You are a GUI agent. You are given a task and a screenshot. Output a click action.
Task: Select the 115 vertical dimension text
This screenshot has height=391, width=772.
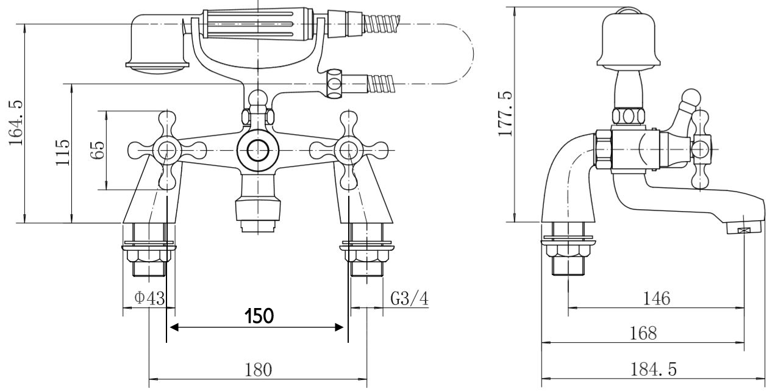point(63,153)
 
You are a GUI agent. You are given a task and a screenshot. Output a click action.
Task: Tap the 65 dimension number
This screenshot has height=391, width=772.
point(98,150)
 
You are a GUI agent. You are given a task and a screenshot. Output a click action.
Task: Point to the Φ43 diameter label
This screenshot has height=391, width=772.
point(149,299)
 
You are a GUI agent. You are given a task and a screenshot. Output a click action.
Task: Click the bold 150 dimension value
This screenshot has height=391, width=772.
point(259,316)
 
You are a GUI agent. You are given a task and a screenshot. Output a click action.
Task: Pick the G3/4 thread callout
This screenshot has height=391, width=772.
point(409,299)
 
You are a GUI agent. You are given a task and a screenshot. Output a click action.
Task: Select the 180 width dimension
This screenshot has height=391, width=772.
point(258,370)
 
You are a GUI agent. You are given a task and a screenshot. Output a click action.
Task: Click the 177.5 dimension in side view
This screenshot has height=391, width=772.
point(506,114)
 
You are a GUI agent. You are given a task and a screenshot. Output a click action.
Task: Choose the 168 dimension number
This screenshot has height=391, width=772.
point(644,334)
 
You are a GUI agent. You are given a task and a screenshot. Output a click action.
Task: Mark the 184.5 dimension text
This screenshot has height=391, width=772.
point(654,370)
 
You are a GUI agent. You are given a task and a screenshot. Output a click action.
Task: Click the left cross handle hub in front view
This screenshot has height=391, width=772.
point(166,149)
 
